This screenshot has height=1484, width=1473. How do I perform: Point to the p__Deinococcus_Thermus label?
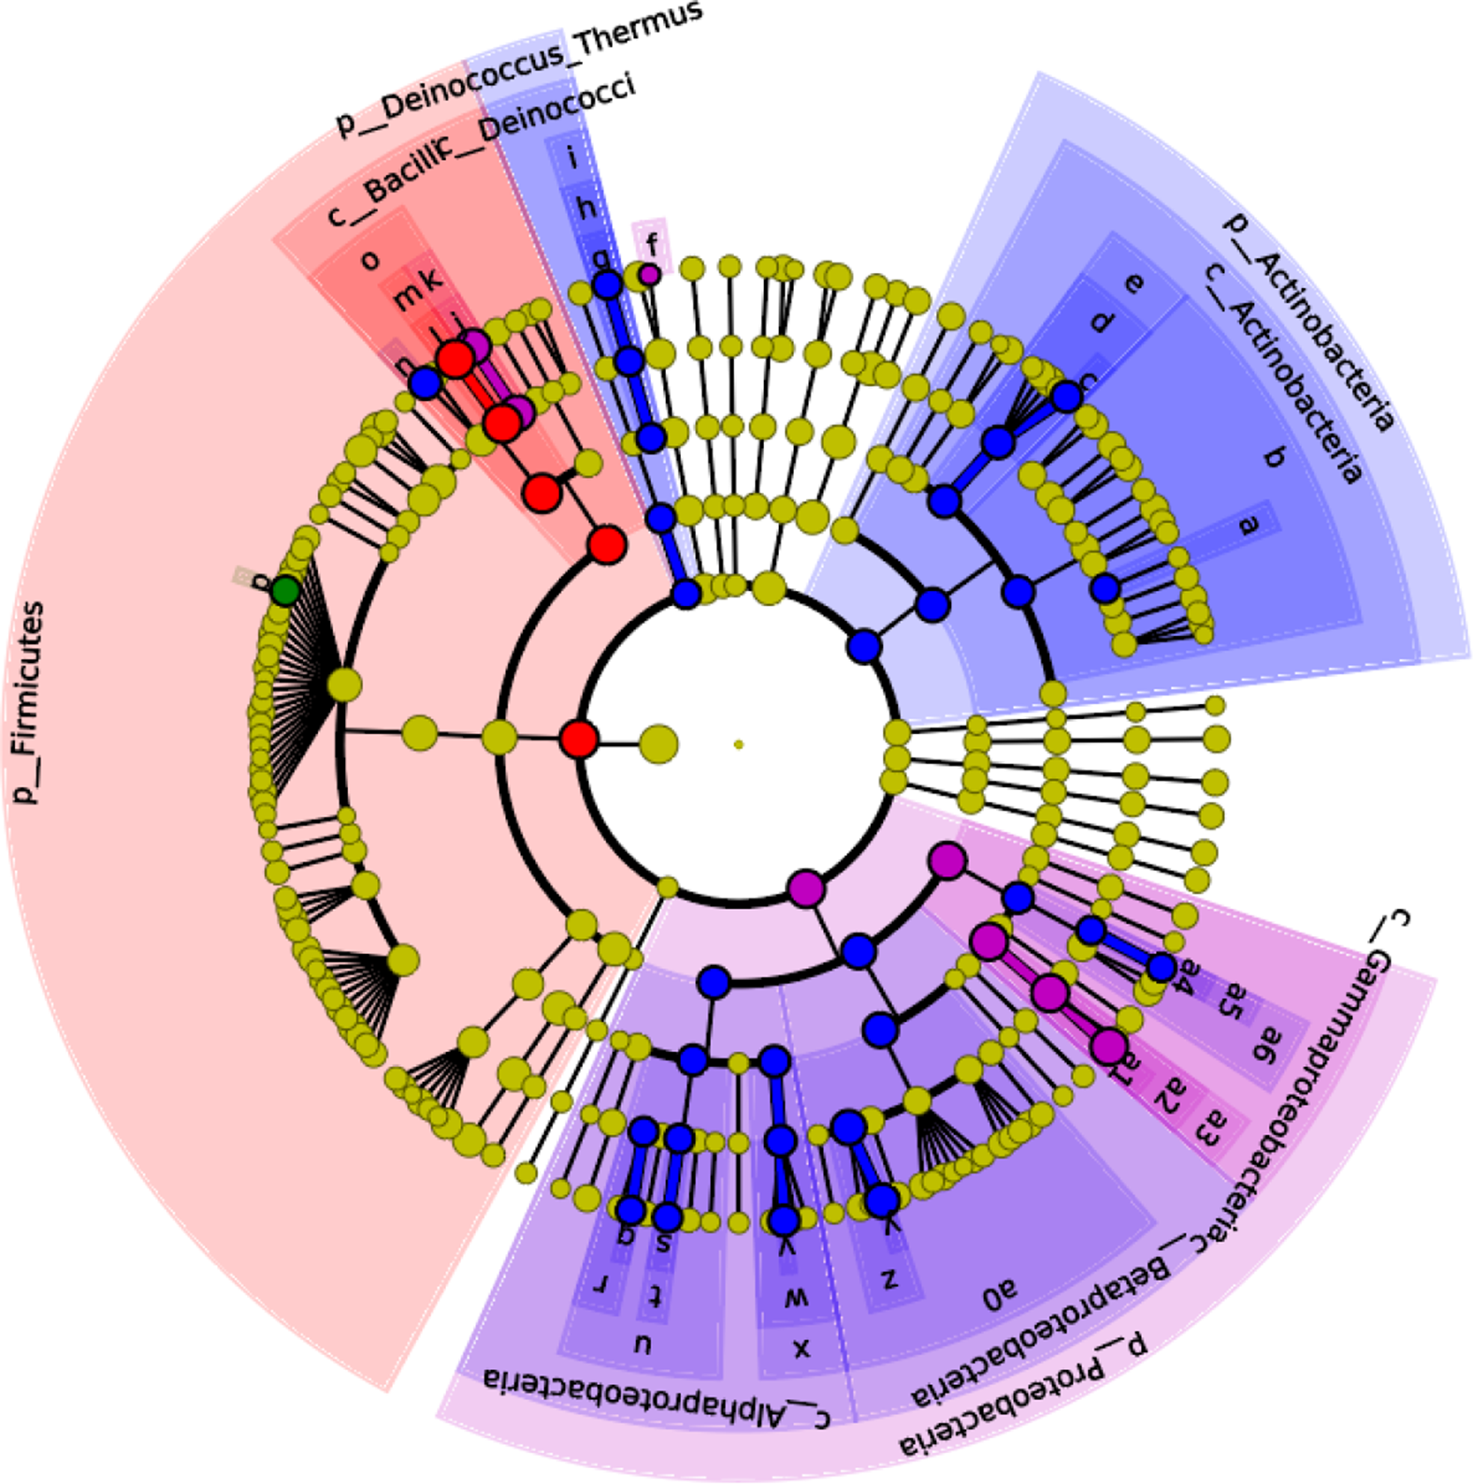coord(519,70)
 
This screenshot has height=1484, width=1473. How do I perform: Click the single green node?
coord(285,590)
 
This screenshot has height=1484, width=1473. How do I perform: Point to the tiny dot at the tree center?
coord(739,744)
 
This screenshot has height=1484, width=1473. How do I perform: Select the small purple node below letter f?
coord(649,275)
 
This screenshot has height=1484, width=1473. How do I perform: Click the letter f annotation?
coord(652,245)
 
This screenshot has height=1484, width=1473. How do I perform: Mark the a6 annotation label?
coord(1267,1045)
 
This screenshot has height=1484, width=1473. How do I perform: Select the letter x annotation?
coord(801,1347)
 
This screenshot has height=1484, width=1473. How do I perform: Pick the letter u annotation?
coord(643,1345)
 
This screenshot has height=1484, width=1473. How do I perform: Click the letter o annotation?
coord(371,259)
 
